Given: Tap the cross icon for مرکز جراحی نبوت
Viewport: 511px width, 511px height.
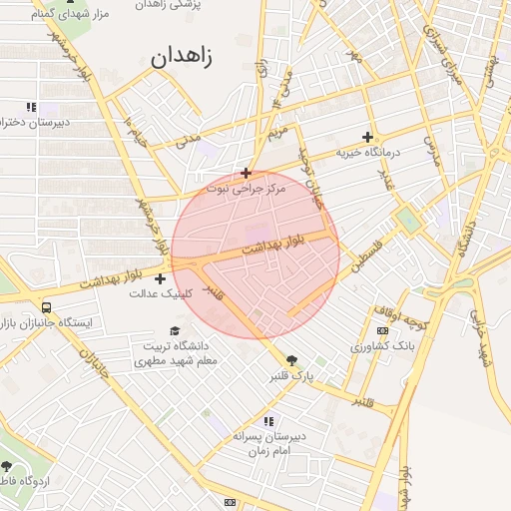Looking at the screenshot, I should pos(246,173).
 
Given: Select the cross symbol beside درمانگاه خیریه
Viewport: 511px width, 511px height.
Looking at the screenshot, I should pos(367,137).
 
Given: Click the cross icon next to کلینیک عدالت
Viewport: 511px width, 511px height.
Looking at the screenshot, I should pos(160,278).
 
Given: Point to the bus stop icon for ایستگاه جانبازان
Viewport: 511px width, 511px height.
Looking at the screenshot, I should pos(46,308).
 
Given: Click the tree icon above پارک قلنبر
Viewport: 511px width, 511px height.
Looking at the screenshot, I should pos(291,360).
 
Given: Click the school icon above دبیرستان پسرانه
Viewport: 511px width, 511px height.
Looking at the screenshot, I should pos(268,422).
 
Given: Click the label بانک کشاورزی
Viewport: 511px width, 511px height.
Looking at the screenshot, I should pos(382,345).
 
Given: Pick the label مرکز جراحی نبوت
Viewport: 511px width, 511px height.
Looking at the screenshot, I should pos(246,188).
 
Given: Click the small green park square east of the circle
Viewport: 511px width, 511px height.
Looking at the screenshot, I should pos(406,220).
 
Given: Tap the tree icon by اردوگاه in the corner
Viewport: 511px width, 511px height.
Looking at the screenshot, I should pos(9,468).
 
